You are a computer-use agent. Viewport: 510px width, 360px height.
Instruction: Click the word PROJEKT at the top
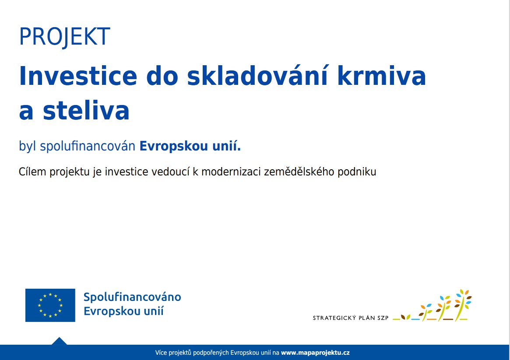click(x=65, y=37)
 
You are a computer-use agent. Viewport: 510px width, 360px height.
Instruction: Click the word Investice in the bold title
click(x=78, y=76)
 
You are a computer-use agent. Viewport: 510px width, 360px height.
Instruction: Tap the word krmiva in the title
click(x=382, y=76)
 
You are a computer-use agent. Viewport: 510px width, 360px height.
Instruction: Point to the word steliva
click(x=86, y=111)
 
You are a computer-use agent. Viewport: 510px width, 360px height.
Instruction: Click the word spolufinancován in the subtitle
click(x=88, y=146)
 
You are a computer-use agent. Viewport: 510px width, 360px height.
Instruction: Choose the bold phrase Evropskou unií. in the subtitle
click(x=190, y=146)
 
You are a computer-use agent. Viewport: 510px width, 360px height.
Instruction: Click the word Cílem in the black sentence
click(x=32, y=171)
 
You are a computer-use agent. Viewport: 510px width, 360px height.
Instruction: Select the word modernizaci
click(x=231, y=171)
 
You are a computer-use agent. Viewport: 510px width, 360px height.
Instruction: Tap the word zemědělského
click(x=299, y=171)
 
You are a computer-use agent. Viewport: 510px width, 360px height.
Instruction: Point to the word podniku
click(x=357, y=171)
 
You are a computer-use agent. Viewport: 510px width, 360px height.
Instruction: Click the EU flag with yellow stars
click(x=50, y=305)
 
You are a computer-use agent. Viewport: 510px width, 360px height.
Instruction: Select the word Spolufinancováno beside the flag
click(x=132, y=297)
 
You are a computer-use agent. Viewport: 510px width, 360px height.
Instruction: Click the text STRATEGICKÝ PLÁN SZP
click(x=351, y=318)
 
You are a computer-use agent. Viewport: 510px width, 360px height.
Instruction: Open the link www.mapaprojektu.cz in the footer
click(x=315, y=353)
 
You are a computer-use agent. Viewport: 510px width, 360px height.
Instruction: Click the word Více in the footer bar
click(x=161, y=353)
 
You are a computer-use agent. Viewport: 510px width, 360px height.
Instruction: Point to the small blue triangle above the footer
click(x=59, y=341)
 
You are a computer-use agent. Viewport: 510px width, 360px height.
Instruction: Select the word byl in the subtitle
click(x=27, y=146)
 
